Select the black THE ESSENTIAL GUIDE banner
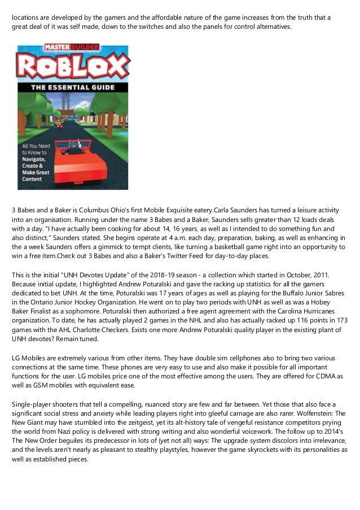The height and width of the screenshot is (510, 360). [72, 88]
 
